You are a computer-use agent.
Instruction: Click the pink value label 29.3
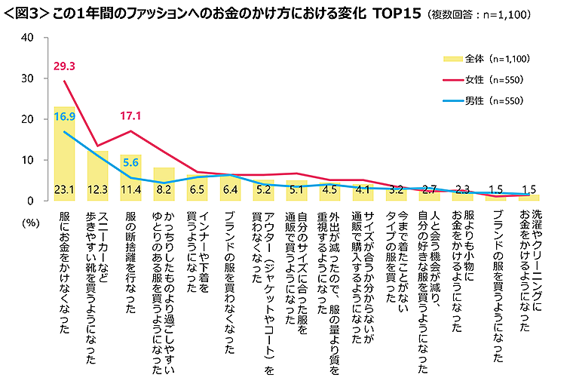click(x=66, y=67)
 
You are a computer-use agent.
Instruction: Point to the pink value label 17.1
click(x=132, y=116)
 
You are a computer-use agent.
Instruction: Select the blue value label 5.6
click(x=132, y=162)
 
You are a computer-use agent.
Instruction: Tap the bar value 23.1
click(x=66, y=190)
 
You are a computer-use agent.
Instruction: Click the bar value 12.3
click(x=98, y=190)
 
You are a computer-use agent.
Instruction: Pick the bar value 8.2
click(x=164, y=190)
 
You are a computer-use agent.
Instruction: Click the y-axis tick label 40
click(x=27, y=38)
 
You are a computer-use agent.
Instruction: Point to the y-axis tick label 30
click(x=27, y=78)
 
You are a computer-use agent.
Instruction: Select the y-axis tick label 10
click(x=27, y=160)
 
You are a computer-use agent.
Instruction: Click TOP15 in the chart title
click(x=398, y=14)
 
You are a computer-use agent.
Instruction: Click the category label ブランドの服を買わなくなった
click(x=231, y=283)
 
